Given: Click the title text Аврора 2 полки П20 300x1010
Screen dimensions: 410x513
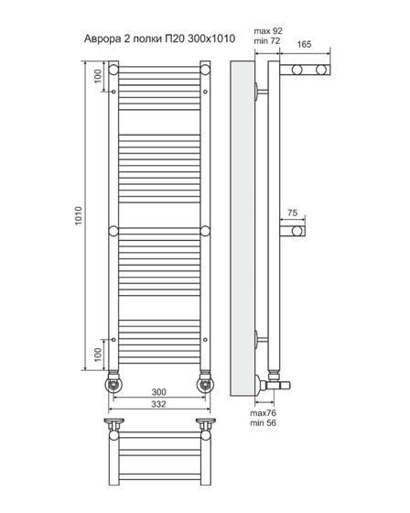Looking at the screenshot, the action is click(x=159, y=38).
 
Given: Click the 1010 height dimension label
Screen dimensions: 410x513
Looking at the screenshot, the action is click(x=79, y=215).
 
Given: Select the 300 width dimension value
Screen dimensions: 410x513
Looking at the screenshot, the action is click(x=159, y=392).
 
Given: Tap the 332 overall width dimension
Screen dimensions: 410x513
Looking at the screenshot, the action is click(x=158, y=404).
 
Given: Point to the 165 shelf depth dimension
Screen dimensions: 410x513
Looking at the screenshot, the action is click(x=304, y=44).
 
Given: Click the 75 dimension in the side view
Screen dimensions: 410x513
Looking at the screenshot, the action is click(x=292, y=213).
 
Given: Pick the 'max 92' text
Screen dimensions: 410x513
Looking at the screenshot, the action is click(x=268, y=31).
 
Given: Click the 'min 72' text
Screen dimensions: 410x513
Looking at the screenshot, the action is click(x=267, y=41).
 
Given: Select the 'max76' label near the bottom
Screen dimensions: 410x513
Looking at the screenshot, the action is click(x=264, y=413).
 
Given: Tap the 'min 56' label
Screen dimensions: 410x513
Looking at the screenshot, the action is click(x=264, y=422).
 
